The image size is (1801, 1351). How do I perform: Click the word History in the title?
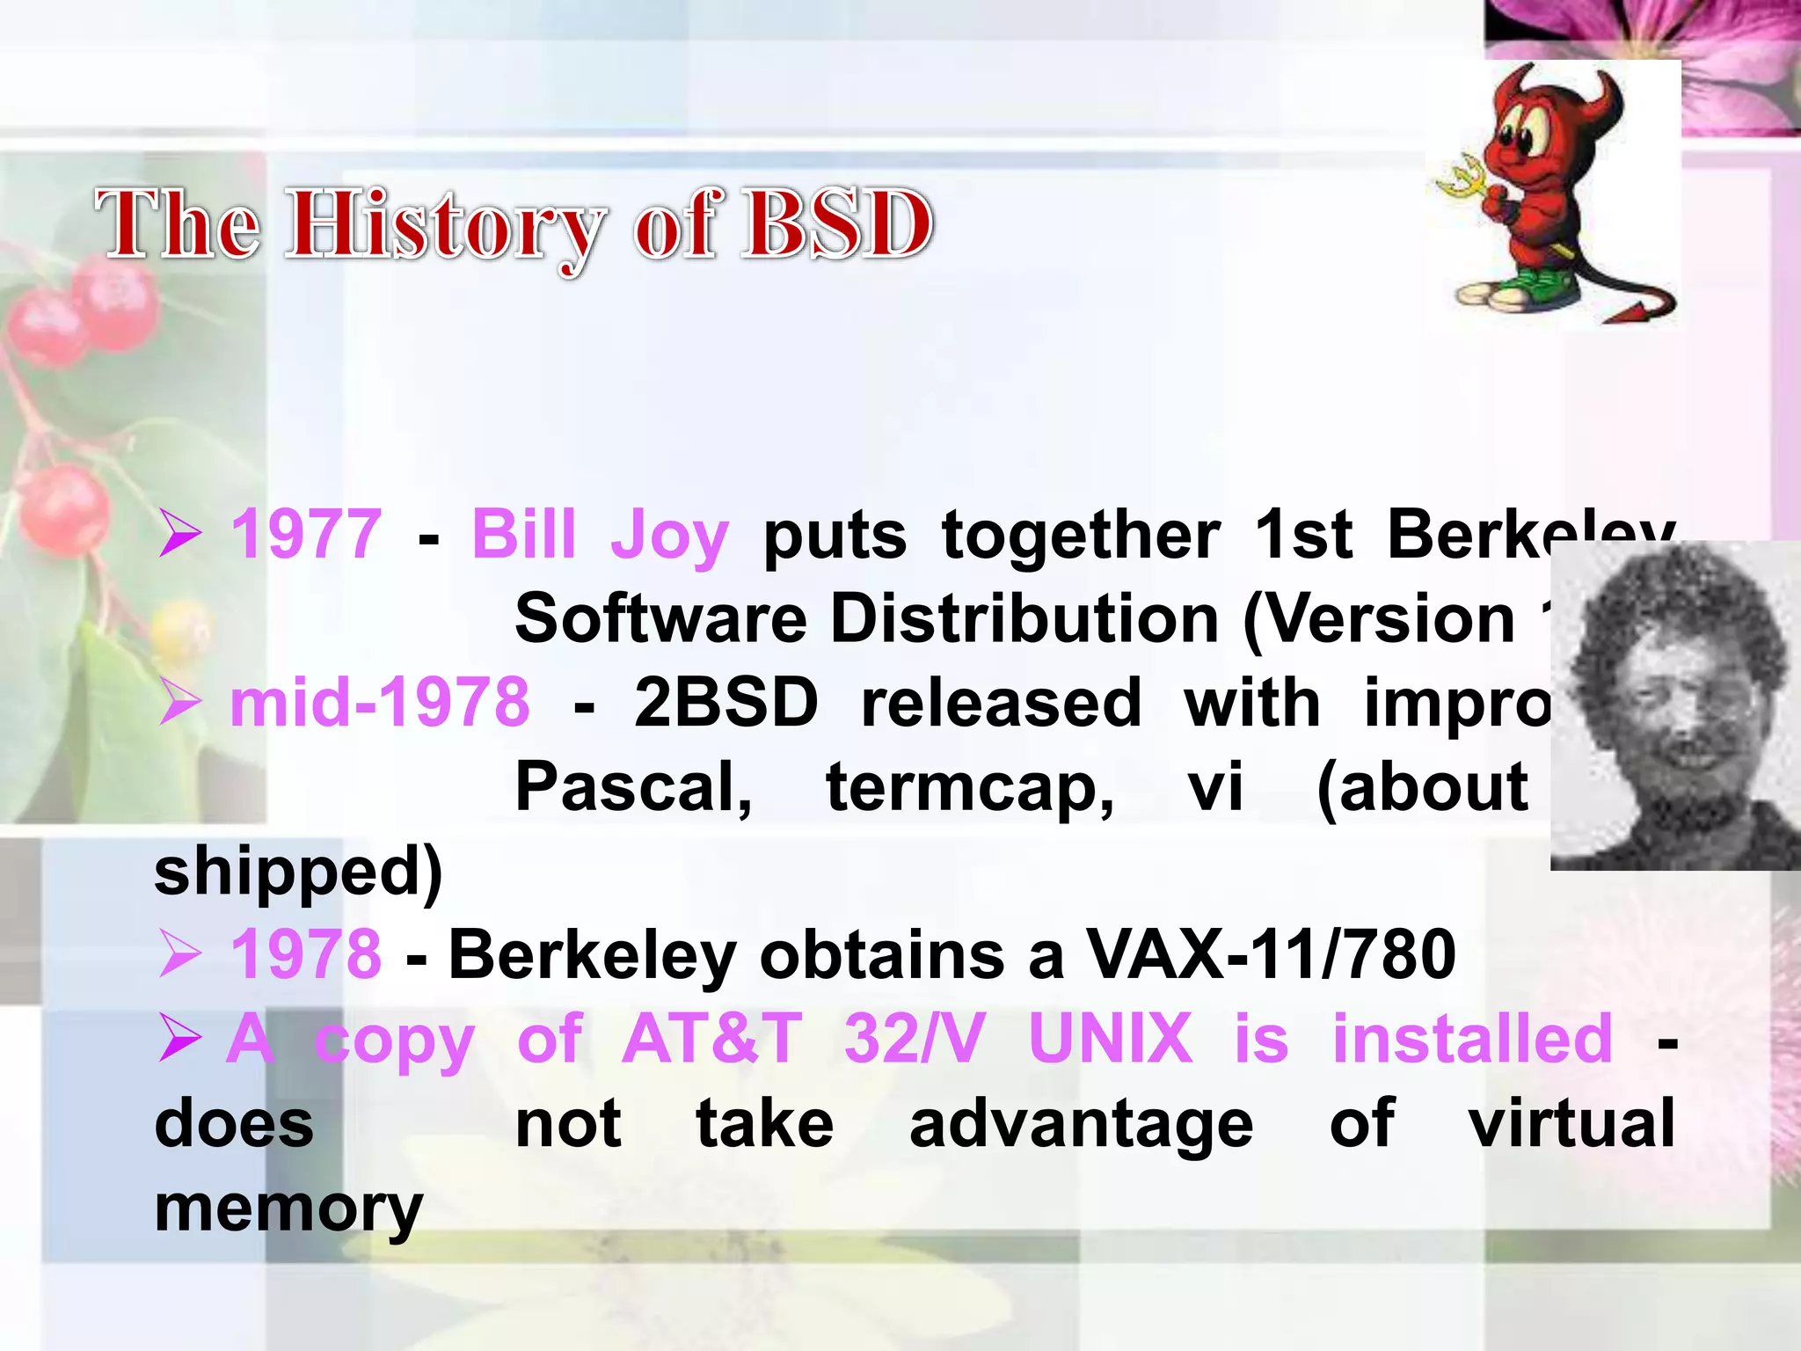(446, 225)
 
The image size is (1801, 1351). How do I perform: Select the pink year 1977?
(306, 534)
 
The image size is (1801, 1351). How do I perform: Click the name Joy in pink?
(669, 536)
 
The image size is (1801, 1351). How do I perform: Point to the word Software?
(660, 618)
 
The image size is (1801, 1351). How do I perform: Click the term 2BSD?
(726, 703)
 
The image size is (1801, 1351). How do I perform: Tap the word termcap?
(970, 788)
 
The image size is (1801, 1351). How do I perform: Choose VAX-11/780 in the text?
(1272, 954)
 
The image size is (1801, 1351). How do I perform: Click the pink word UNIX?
(1110, 1039)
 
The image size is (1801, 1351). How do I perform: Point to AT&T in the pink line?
(711, 1039)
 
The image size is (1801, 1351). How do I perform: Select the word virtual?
(1571, 1123)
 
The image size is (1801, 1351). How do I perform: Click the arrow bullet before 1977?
(181, 535)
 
